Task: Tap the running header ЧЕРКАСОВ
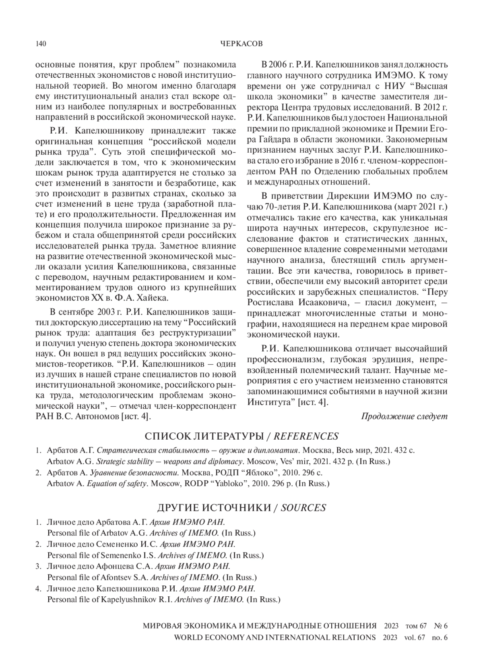pyautogui.click(x=242, y=44)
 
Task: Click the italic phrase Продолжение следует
pyautogui.click(x=404, y=416)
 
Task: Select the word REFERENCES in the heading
pyautogui.click(x=306, y=436)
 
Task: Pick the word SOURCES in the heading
pyautogui.click(x=303, y=508)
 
